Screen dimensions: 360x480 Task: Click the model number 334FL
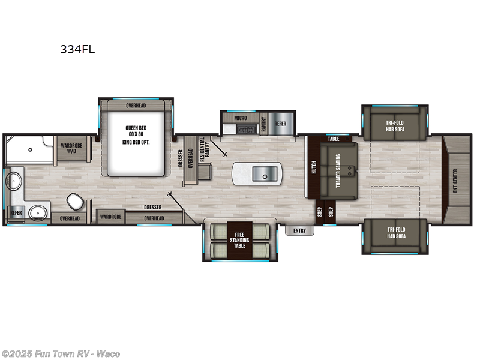click(x=77, y=50)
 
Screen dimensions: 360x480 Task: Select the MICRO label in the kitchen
click(x=241, y=118)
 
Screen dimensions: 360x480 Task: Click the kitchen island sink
click(x=263, y=173)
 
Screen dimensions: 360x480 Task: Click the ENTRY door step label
click(x=299, y=230)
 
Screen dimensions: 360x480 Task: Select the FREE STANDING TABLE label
click(x=239, y=240)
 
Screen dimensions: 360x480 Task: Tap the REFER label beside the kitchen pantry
click(x=280, y=124)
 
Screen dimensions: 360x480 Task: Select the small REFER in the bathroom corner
click(x=15, y=213)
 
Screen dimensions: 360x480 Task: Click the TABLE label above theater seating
click(x=334, y=139)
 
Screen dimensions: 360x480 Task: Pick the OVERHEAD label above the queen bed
click(x=136, y=106)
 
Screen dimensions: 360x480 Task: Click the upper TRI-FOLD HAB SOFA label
click(x=395, y=126)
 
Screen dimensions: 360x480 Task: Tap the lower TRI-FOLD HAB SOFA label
click(x=395, y=232)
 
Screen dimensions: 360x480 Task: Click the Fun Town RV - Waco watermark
click(x=61, y=353)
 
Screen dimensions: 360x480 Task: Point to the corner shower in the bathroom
click(x=24, y=150)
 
